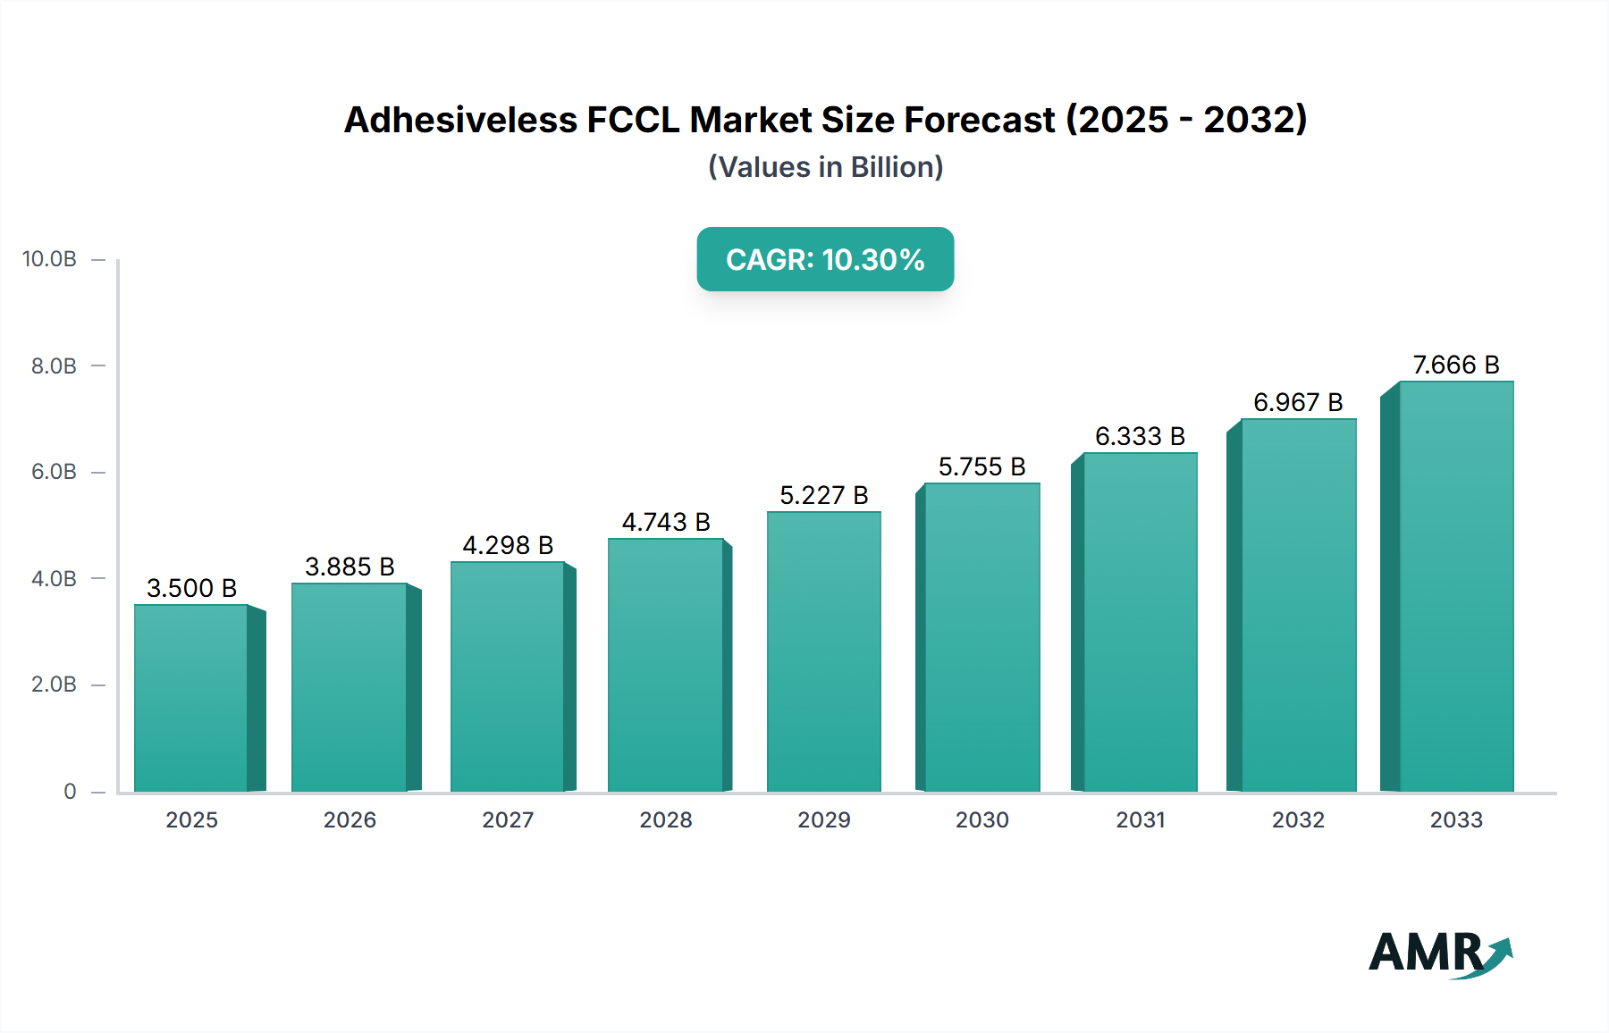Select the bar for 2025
[191, 698]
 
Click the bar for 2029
[823, 651]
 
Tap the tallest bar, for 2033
[1456, 586]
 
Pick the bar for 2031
[1140, 622]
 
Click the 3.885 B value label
[350, 567]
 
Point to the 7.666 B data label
[1455, 365]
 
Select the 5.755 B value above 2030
[981, 466]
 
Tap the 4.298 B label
[508, 545]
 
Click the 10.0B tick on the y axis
[50, 259]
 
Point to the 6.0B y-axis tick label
[54, 472]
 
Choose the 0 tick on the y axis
[70, 791]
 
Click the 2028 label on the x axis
[666, 819]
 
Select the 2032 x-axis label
[1298, 819]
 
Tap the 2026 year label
[350, 819]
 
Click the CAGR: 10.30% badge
[825, 259]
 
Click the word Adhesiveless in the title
[460, 120]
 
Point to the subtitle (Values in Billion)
[825, 167]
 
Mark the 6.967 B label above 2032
[1298, 402]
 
